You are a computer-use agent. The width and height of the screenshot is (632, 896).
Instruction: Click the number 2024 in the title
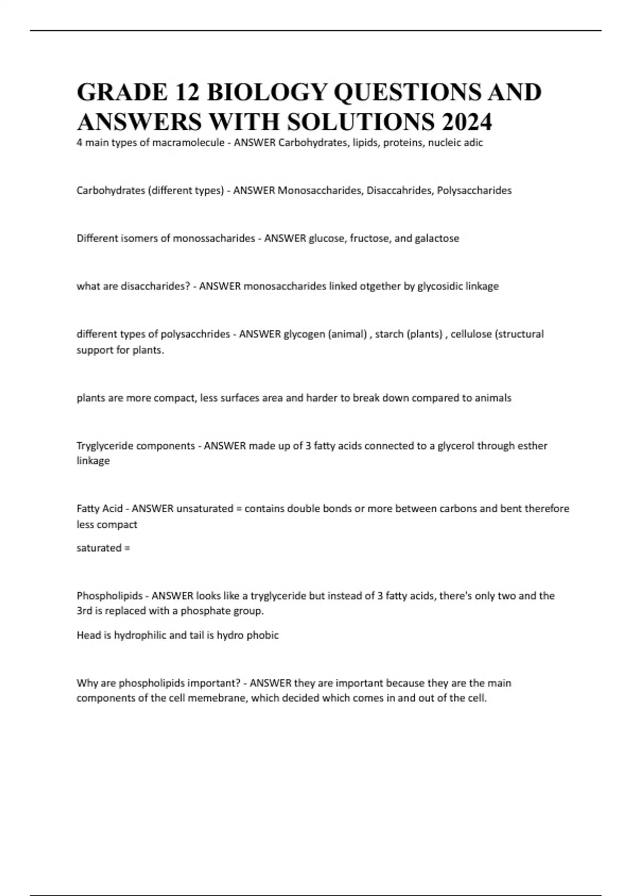coord(467,122)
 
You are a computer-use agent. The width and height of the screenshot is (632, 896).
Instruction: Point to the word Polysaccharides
coord(474,190)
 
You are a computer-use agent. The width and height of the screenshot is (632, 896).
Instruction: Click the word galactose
coord(437,238)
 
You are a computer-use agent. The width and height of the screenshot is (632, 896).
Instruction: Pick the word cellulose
coord(471,334)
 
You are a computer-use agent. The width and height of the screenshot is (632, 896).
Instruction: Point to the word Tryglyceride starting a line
coord(105,446)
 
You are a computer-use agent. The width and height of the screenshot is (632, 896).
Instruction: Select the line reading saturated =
coord(103,548)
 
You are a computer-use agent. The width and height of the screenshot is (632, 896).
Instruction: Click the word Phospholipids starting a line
coord(110,596)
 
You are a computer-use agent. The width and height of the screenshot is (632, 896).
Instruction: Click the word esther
coord(533,446)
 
